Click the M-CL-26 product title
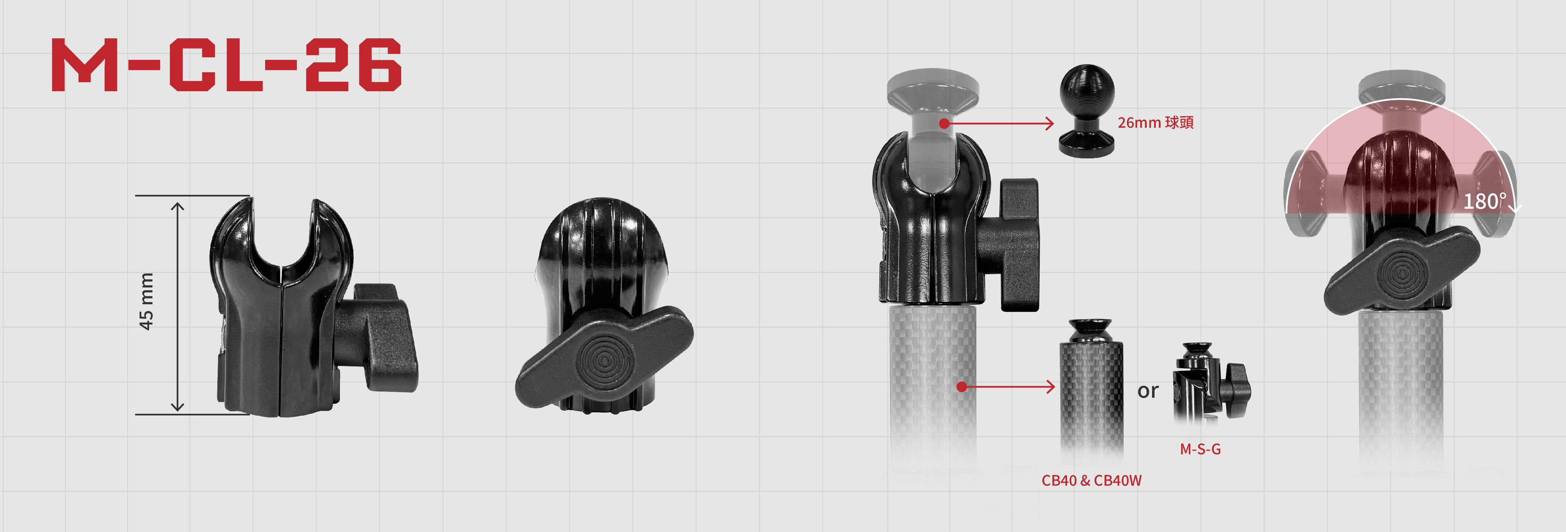coord(226,65)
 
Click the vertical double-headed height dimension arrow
coord(177,307)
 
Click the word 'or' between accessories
coord(1148,391)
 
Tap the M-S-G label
coord(1200,449)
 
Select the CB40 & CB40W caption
coord(1091,480)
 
